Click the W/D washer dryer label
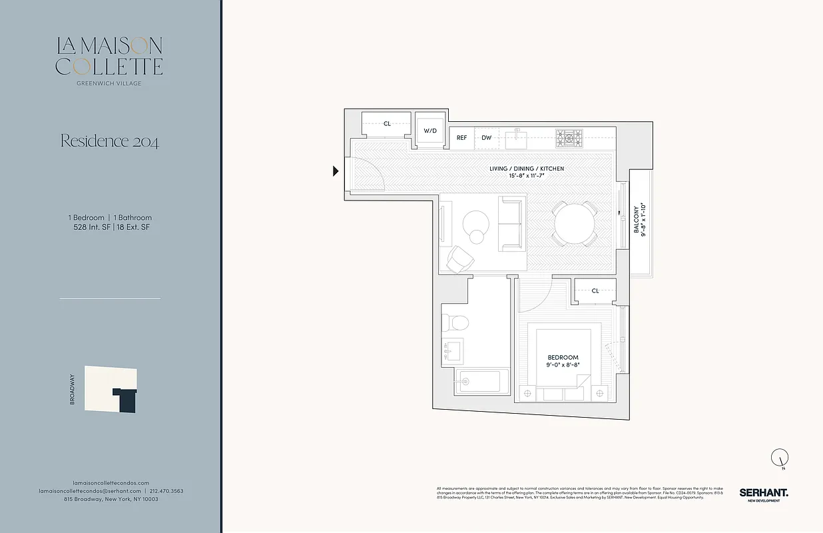[430, 131]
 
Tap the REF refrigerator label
[461, 138]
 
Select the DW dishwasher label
[487, 138]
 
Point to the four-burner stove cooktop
[569, 139]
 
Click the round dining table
[575, 224]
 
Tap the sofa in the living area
[511, 224]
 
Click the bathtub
[477, 382]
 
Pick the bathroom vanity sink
[453, 350]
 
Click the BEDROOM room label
[563, 358]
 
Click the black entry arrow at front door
[336, 171]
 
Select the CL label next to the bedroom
[595, 290]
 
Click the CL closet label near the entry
[387, 124]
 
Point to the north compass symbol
[779, 458]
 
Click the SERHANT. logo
[763, 492]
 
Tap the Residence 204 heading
[109, 141]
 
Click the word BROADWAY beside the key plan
[72, 390]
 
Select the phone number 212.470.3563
[166, 491]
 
